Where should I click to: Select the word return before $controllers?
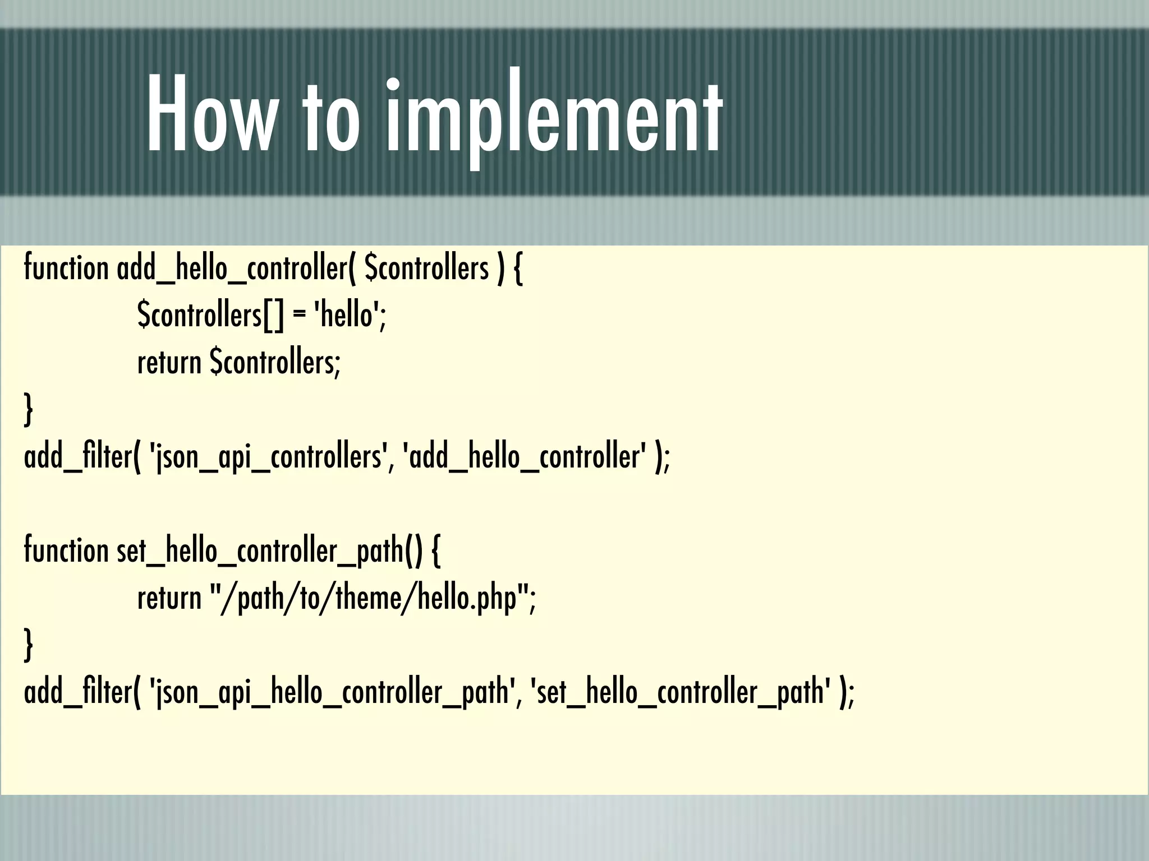169,363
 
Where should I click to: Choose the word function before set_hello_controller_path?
66,550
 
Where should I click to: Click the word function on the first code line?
66,267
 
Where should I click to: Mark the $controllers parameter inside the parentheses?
426,269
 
